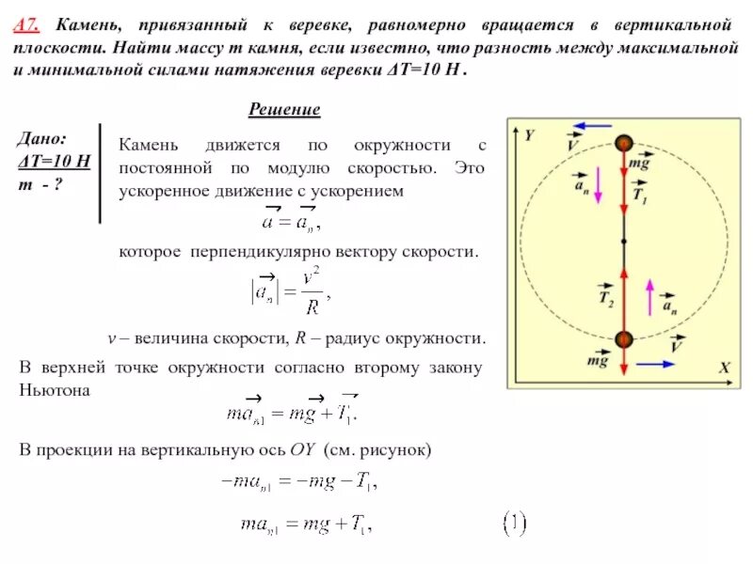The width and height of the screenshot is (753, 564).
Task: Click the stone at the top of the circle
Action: [x=623, y=143]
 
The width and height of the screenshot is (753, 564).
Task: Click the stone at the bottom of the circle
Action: [x=623, y=339]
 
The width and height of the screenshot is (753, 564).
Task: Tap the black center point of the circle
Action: [x=623, y=242]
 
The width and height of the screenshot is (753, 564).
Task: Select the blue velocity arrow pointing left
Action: [x=592, y=125]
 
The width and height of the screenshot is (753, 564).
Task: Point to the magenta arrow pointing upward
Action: [x=649, y=297]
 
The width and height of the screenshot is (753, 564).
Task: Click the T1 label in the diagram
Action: [x=640, y=196]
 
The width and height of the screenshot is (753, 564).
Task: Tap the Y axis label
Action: [x=529, y=135]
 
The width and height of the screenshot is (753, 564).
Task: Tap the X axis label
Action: [x=724, y=369]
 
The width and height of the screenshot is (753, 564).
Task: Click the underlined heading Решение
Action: [x=284, y=110]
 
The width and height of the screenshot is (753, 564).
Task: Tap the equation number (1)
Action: [x=513, y=523]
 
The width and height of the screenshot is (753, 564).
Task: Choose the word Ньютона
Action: [x=55, y=389]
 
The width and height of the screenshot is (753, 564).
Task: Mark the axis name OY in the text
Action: [x=302, y=450]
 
